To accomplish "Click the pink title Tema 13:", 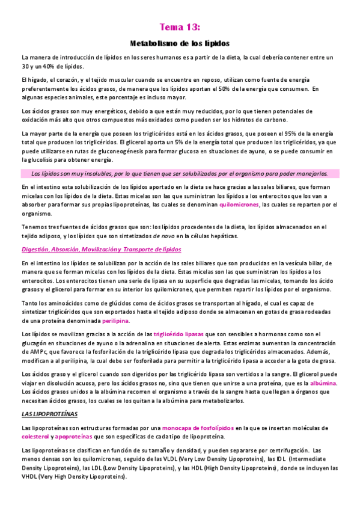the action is coord(180,27).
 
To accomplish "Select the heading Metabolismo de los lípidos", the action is coord(180,44).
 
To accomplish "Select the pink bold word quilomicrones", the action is coord(239,205).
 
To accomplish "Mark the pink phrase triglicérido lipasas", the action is coord(179,334).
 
